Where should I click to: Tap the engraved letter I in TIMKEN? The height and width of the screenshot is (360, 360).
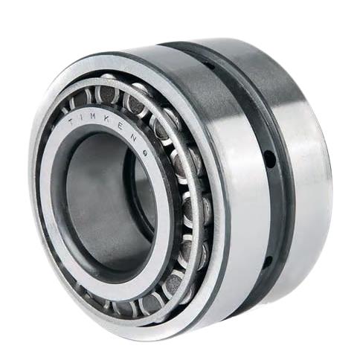click(x=81, y=118)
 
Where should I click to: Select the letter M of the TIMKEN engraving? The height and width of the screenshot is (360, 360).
click(x=93, y=115)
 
